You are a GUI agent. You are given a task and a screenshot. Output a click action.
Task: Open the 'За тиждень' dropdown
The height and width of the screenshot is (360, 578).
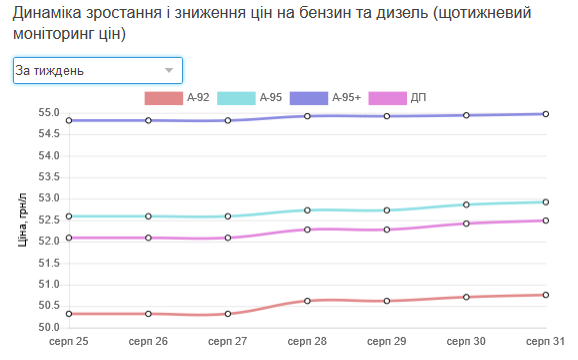click(x=97, y=71)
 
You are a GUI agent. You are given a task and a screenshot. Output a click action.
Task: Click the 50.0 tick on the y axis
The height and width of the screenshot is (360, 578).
click(x=50, y=327)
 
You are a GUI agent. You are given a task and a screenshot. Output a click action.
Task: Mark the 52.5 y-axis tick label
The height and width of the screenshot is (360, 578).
click(x=50, y=220)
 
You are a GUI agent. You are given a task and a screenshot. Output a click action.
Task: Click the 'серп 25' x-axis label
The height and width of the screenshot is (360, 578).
click(x=69, y=342)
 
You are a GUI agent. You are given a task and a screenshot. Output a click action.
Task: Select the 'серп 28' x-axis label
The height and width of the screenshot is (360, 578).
click(x=307, y=342)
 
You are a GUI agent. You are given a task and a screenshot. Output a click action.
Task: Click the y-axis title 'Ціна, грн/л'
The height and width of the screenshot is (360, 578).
click(x=24, y=219)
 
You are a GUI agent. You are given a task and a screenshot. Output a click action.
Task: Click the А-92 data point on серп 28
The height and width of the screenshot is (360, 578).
click(x=307, y=300)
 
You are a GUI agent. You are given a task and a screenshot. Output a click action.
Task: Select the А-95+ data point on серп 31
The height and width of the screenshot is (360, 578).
click(x=545, y=114)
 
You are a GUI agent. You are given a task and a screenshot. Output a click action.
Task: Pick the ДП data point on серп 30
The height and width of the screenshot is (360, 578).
click(x=466, y=223)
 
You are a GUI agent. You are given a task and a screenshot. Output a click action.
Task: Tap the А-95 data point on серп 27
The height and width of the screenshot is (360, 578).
click(x=228, y=216)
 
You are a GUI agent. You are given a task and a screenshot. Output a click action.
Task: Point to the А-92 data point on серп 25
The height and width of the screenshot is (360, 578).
click(x=69, y=314)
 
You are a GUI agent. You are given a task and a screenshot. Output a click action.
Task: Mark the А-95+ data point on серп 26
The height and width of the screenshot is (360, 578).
click(x=148, y=120)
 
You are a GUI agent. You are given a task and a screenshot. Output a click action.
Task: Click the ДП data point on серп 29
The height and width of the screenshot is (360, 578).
click(x=387, y=229)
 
